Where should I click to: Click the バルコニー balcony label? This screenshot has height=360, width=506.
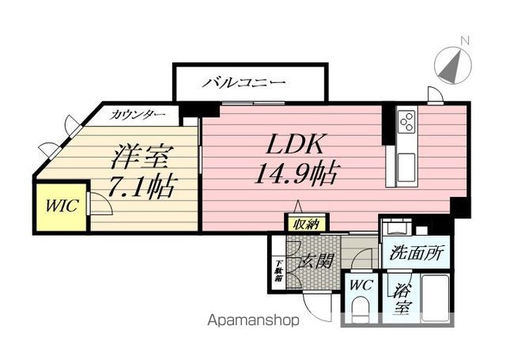pyautogui.click(x=244, y=83)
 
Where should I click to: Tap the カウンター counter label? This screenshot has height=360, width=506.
pyautogui.click(x=138, y=115)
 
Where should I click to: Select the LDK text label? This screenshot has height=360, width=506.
pyautogui.click(x=294, y=144)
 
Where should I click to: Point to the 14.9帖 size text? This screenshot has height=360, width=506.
pyautogui.click(x=296, y=174)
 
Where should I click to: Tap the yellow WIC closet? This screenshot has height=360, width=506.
pyautogui.click(x=62, y=207)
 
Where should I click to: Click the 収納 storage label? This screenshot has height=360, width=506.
pyautogui.click(x=306, y=224)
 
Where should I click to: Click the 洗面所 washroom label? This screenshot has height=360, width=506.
pyautogui.click(x=417, y=253)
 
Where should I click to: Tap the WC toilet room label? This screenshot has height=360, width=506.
pyautogui.click(x=361, y=285)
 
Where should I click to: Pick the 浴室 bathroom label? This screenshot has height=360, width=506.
pyautogui.click(x=401, y=299)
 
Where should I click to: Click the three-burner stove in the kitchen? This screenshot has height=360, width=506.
pyautogui.click(x=406, y=121)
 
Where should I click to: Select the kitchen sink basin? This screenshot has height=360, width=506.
pyautogui.click(x=406, y=168)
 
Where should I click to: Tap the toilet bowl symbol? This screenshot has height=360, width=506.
pyautogui.click(x=361, y=310)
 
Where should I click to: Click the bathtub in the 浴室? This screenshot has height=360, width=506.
pyautogui.click(x=436, y=297)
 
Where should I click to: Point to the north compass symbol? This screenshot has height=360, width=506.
pyautogui.click(x=452, y=65)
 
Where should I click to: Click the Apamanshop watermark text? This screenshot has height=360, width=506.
pyautogui.click(x=253, y=320)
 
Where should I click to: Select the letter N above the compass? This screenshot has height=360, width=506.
pyautogui.click(x=465, y=41)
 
